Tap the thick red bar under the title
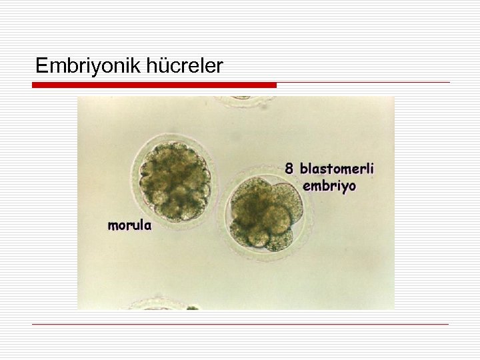pyautogui.click(x=154, y=85)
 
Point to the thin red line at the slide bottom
pyautogui.click(x=240, y=324)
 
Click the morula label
pyautogui.click(x=129, y=225)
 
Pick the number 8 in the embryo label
pyautogui.click(x=289, y=169)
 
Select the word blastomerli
pyautogui.click(x=337, y=169)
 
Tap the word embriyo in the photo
pyautogui.click(x=329, y=185)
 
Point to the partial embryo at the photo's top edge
pyautogui.click(x=244, y=101)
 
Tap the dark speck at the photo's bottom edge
pyautogui.click(x=192, y=307)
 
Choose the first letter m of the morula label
pyautogui.click(x=113, y=225)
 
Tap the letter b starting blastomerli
pyautogui.click(x=303, y=169)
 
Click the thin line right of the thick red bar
pyautogui.click(x=363, y=83)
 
